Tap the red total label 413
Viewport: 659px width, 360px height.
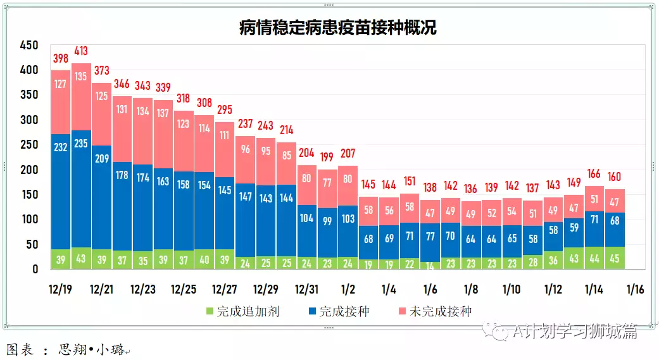click(x=81, y=51)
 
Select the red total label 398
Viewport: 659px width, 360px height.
click(x=61, y=58)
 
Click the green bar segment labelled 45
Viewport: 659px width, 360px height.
click(x=614, y=258)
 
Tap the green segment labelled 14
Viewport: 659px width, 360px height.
click(x=430, y=266)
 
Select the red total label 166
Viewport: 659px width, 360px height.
click(x=594, y=174)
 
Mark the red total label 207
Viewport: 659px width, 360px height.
click(x=348, y=153)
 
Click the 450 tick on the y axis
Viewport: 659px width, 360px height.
click(x=29, y=46)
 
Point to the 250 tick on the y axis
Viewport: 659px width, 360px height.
click(x=29, y=145)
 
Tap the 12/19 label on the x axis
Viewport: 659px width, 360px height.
click(x=61, y=289)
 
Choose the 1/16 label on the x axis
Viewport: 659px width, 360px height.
click(x=634, y=289)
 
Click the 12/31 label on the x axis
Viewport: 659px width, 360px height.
click(x=307, y=289)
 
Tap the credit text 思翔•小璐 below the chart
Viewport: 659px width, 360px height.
click(x=92, y=349)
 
